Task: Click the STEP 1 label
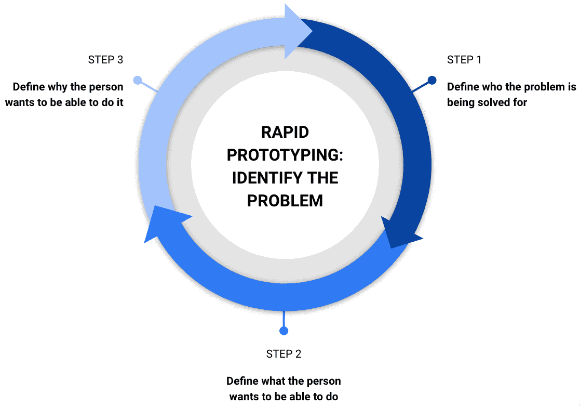[x=464, y=60]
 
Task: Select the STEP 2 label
[x=284, y=354]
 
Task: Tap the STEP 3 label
[x=105, y=60]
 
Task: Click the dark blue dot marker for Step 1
[x=431, y=81]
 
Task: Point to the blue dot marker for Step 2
[x=284, y=331]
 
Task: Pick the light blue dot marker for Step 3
[x=138, y=80]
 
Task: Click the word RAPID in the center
[x=285, y=132]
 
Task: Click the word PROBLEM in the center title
[x=285, y=200]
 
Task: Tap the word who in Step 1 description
[x=492, y=87]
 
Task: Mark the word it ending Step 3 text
[x=119, y=102]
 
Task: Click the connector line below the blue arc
[x=284, y=318]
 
